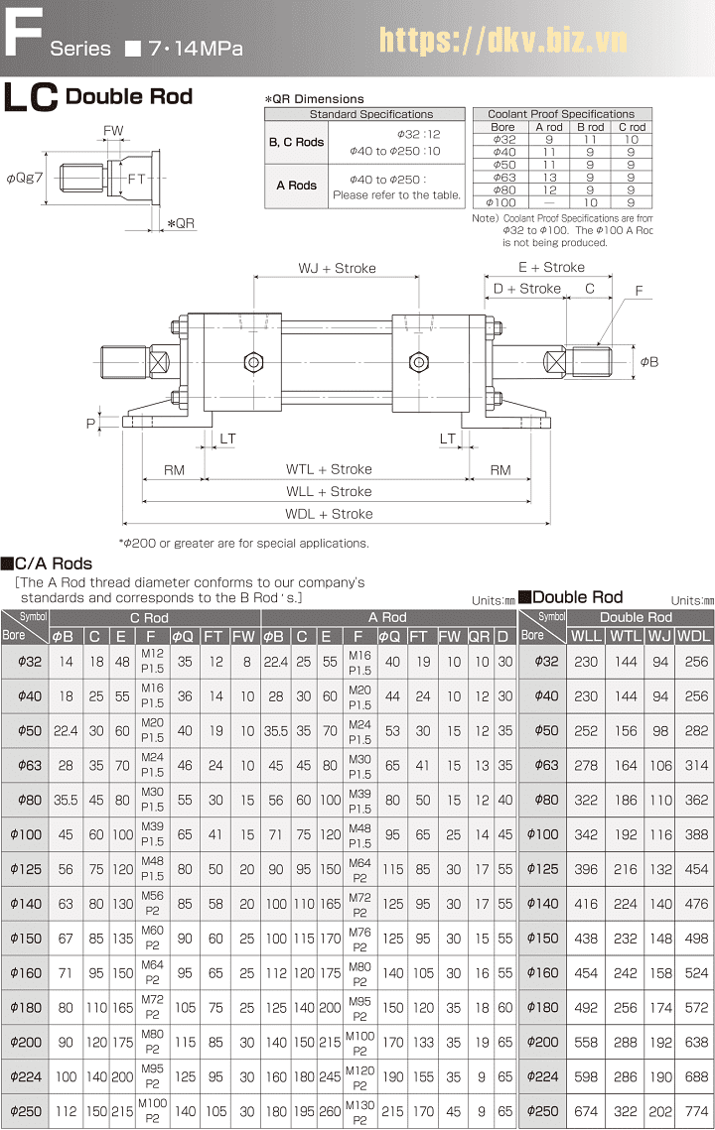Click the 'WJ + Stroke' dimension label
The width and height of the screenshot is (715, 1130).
coord(337,269)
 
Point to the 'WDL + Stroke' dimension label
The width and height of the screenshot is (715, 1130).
coord(329,514)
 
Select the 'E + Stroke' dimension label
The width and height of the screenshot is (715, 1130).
coord(551,267)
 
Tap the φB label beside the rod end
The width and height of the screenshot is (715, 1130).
coord(648,362)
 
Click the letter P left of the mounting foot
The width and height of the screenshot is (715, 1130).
coord(91,423)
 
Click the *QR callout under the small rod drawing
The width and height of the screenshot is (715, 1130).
coord(181,223)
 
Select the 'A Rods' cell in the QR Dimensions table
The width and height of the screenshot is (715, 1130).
coord(296,186)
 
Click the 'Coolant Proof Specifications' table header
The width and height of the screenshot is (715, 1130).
coord(562,114)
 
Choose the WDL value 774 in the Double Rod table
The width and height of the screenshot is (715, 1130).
coord(696,1111)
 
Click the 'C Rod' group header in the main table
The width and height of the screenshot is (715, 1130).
coord(148,617)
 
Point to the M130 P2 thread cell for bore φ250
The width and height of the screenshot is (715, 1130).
coord(359,1111)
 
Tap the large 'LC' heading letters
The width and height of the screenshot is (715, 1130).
coord(31,99)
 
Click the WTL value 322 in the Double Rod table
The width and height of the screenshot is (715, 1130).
coord(625,1111)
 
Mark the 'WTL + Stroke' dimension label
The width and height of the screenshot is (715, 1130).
coord(329,469)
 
